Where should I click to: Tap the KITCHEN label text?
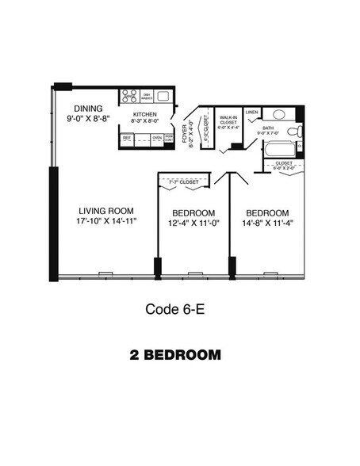pos(144,115)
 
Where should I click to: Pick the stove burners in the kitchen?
pos(129,97)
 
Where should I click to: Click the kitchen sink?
pos(163,96)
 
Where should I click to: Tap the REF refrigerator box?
pos(126,138)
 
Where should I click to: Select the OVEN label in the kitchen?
pos(157,138)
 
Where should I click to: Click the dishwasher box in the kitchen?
pos(145,97)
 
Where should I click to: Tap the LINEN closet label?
pos(251,112)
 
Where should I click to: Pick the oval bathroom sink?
pos(280,112)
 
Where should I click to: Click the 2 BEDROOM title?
pos(174,354)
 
